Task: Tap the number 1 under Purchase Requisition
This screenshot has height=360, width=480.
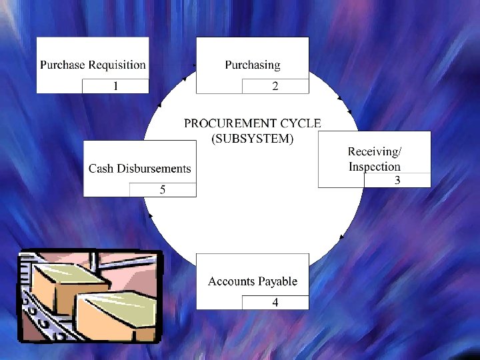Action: [x=115, y=86]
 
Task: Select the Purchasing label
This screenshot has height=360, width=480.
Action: [x=252, y=65]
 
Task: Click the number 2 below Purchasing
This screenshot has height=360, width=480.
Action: [x=275, y=86]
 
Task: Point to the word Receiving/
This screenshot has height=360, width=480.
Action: [x=375, y=151]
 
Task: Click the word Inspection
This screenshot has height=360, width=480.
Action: [x=375, y=167]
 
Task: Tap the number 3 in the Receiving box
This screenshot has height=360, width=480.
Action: [x=397, y=180]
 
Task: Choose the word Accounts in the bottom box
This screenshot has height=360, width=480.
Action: [x=231, y=281]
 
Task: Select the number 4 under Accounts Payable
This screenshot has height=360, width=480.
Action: [x=275, y=303]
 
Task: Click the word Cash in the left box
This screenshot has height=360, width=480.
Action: [x=101, y=169]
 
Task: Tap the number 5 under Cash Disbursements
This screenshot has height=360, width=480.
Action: [x=162, y=190]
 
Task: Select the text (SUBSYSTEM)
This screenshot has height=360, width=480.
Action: [x=252, y=139]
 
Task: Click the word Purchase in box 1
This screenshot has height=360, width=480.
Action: [x=63, y=65]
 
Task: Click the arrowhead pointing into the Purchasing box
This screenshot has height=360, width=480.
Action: [x=194, y=65]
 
